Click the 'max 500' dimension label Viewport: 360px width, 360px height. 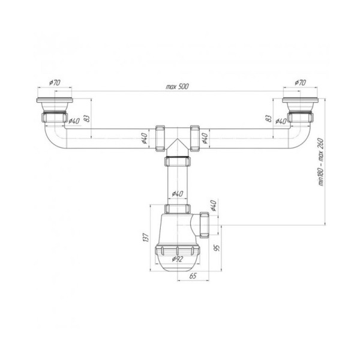[x=177, y=86]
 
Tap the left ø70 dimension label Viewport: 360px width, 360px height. [x=55, y=82]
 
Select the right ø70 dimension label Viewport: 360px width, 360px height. [x=301, y=82]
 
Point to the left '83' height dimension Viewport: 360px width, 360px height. [x=86, y=118]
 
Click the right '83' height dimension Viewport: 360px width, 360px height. [x=268, y=118]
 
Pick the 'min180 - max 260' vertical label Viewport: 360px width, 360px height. [x=320, y=162]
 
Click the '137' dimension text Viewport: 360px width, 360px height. [x=146, y=238]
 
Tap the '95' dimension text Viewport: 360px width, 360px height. [x=217, y=248]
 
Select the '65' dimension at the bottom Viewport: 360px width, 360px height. [x=193, y=276]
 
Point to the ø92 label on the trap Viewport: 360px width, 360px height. [x=178, y=259]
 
